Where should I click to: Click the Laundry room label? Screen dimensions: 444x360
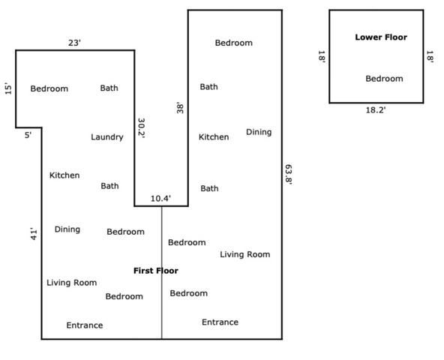107,137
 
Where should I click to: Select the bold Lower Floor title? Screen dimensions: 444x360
381,37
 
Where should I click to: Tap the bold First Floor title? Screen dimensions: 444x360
156,271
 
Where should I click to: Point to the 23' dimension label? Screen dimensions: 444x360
74,43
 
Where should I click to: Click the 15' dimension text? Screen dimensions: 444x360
8,89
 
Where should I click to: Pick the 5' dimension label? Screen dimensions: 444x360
28,135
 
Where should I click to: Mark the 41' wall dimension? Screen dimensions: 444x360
34,234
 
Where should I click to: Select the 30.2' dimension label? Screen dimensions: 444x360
141,128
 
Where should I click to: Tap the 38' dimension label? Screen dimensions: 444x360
180,108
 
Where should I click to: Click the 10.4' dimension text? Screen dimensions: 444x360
160,198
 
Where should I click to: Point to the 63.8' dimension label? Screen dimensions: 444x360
289,175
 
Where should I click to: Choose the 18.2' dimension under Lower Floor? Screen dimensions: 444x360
376,110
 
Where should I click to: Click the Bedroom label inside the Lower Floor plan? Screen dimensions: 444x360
384,79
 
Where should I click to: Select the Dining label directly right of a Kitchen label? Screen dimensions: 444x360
259,132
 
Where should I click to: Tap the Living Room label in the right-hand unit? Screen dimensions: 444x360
245,254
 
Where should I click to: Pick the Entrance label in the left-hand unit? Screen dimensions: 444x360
85,325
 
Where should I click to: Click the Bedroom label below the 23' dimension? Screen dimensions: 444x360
49,88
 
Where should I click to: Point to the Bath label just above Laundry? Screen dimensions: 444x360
109,88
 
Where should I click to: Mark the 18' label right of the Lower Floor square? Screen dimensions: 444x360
430,57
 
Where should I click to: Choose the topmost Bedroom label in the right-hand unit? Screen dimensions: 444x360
234,43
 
